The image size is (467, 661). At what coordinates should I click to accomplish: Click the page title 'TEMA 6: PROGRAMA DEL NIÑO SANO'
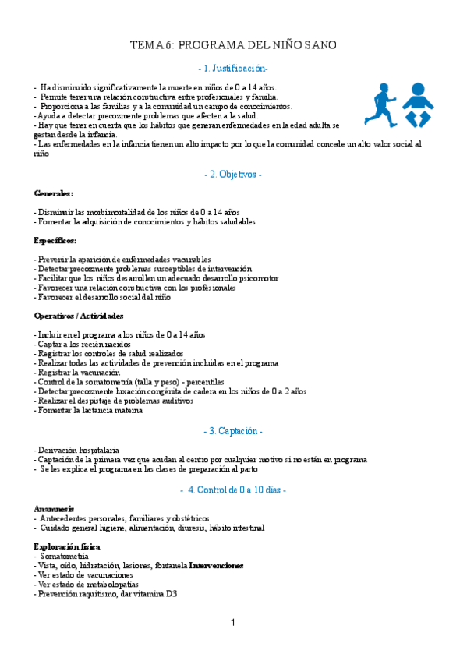[x=233, y=46]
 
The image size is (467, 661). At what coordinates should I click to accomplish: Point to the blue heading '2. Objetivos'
[x=233, y=175]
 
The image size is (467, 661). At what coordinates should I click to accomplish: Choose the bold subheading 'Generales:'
[x=54, y=193]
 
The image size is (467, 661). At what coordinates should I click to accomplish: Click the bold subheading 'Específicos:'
[x=55, y=240]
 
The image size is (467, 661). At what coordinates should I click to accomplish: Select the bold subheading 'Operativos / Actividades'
[x=79, y=316]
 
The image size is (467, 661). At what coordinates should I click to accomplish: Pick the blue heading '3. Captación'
[x=233, y=431]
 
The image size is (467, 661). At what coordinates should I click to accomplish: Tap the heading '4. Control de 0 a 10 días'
[x=233, y=490]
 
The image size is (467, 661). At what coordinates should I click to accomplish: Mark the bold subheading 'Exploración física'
[x=67, y=547]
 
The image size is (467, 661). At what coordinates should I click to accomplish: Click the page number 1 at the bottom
[x=233, y=622]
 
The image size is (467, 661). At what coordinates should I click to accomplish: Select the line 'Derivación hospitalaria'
[x=77, y=451]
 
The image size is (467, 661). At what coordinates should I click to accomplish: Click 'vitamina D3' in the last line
[x=155, y=594]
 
